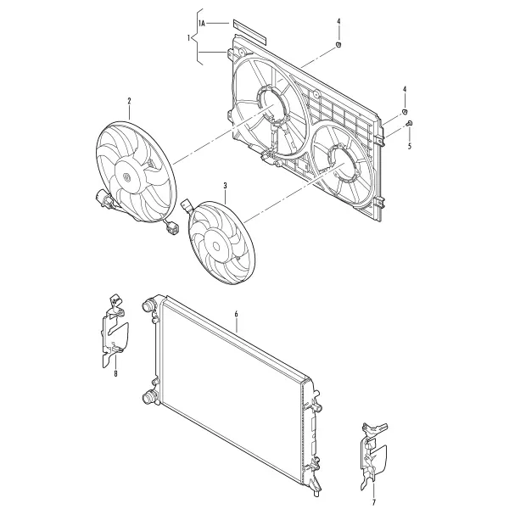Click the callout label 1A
point(202,24)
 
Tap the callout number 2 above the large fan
point(129,101)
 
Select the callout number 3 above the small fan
point(225,186)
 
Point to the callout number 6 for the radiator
point(237,314)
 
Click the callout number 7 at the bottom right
point(373,503)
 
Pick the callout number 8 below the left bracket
point(115,374)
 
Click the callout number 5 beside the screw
point(410,146)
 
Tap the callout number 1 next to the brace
point(188,38)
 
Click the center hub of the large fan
point(126,177)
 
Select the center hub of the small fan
point(215,246)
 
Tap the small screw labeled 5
point(410,123)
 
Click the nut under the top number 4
point(338,44)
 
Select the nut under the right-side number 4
point(405,112)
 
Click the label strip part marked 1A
point(249,32)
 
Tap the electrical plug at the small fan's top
point(187,205)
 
